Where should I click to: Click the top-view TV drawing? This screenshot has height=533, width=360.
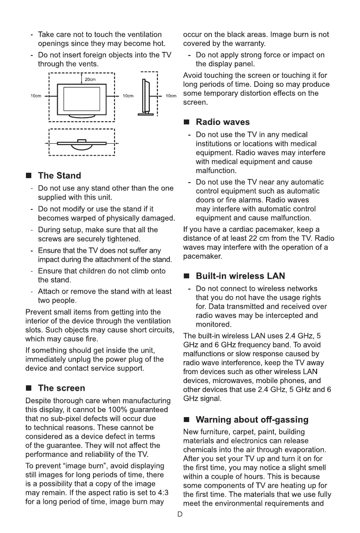click(81, 143)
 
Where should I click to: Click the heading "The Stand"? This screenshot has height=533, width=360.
click(59, 175)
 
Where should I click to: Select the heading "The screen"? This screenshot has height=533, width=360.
click(61, 388)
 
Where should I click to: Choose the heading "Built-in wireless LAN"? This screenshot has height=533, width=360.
click(240, 276)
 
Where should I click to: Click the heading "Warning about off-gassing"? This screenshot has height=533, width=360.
click(252, 420)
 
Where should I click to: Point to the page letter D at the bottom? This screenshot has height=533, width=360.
click(180, 514)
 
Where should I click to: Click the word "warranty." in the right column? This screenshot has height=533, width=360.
click(250, 43)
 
